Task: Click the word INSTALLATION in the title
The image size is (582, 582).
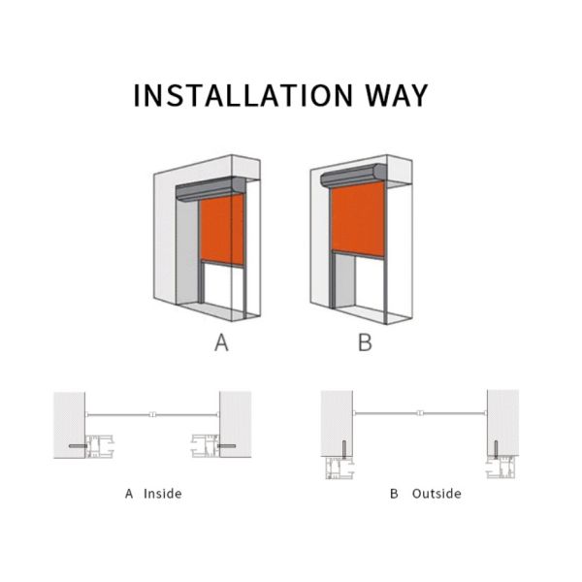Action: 243,95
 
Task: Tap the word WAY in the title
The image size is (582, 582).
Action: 397,95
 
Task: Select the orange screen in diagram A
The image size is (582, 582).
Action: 222,229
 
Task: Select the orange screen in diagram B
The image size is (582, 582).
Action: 358,218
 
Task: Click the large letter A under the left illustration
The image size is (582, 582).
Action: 221,342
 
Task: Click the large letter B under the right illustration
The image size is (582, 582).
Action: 365,342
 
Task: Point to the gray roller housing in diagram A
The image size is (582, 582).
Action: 210,189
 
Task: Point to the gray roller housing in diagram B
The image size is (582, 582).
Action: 353,176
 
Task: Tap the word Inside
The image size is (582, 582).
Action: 163,494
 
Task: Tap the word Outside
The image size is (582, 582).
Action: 436,494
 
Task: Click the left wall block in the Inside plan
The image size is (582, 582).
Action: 70,425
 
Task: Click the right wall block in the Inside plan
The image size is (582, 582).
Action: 236,424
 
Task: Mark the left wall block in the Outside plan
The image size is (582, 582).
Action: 337,423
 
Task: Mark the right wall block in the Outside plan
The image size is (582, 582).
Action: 502,422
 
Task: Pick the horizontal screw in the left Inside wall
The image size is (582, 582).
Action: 79,446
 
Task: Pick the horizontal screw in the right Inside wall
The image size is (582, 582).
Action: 226,446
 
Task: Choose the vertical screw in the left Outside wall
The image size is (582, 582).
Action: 343,449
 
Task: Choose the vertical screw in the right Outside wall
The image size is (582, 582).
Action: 496,449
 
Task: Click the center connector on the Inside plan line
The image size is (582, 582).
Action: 152,414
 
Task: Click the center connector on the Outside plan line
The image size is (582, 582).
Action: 420,413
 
